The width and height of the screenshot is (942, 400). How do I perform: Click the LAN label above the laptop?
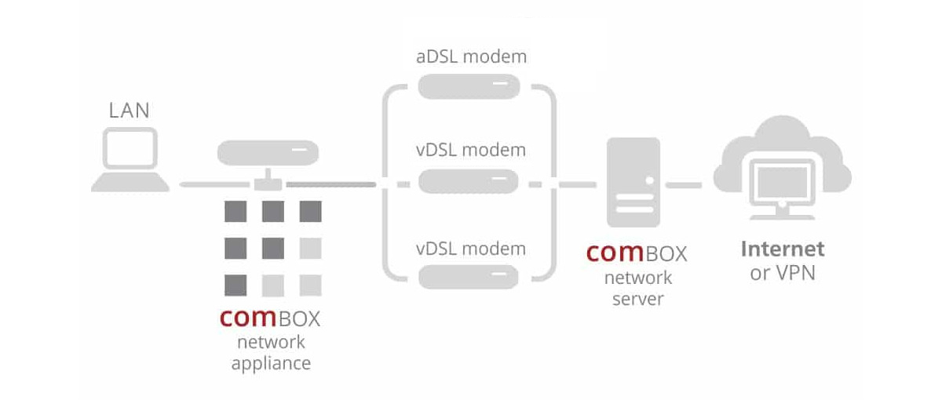click(130, 111)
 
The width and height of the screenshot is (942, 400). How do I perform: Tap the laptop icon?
click(130, 162)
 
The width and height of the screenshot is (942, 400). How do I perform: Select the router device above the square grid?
click(268, 151)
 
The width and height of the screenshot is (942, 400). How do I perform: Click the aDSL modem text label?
click(470, 57)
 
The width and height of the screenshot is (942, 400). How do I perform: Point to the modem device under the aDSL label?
click(469, 85)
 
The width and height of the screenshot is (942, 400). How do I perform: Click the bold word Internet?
click(783, 249)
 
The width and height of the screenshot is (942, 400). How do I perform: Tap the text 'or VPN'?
click(783, 274)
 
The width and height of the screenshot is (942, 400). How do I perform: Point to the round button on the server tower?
click(649, 180)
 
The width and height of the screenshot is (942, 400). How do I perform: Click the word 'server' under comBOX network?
click(637, 299)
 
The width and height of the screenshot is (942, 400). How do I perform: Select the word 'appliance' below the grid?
click(271, 363)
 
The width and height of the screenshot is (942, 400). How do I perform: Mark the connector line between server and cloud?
click(684, 185)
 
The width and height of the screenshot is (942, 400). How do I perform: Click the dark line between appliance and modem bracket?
click(330, 184)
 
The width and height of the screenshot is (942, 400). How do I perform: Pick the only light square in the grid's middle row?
click(311, 248)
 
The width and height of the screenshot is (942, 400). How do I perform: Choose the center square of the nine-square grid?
click(272, 248)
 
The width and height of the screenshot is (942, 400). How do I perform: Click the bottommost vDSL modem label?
click(470, 249)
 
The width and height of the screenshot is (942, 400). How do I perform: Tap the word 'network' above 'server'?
click(637, 278)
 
